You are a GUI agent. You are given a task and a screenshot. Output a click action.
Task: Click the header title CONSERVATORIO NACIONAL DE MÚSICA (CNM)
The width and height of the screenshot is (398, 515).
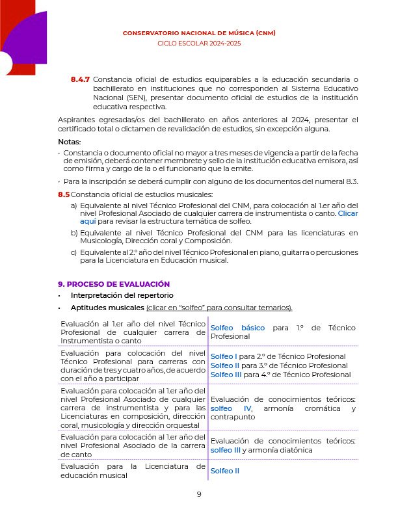pyautogui.click(x=199, y=33)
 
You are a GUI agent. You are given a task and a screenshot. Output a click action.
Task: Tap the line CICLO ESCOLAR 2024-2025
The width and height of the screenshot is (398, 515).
pyautogui.click(x=199, y=43)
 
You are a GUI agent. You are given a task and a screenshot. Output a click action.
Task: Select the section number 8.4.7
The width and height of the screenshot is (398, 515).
pyautogui.click(x=80, y=79)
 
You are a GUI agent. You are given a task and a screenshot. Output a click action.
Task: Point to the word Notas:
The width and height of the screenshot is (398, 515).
pyautogui.click(x=69, y=142)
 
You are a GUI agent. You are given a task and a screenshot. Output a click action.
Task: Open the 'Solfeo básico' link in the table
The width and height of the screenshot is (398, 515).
pyautogui.click(x=237, y=328)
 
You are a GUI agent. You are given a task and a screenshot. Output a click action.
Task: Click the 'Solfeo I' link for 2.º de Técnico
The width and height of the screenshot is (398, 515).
pyautogui.click(x=224, y=356)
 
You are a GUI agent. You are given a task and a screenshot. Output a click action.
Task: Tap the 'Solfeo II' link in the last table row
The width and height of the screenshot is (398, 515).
pyautogui.click(x=226, y=470)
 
